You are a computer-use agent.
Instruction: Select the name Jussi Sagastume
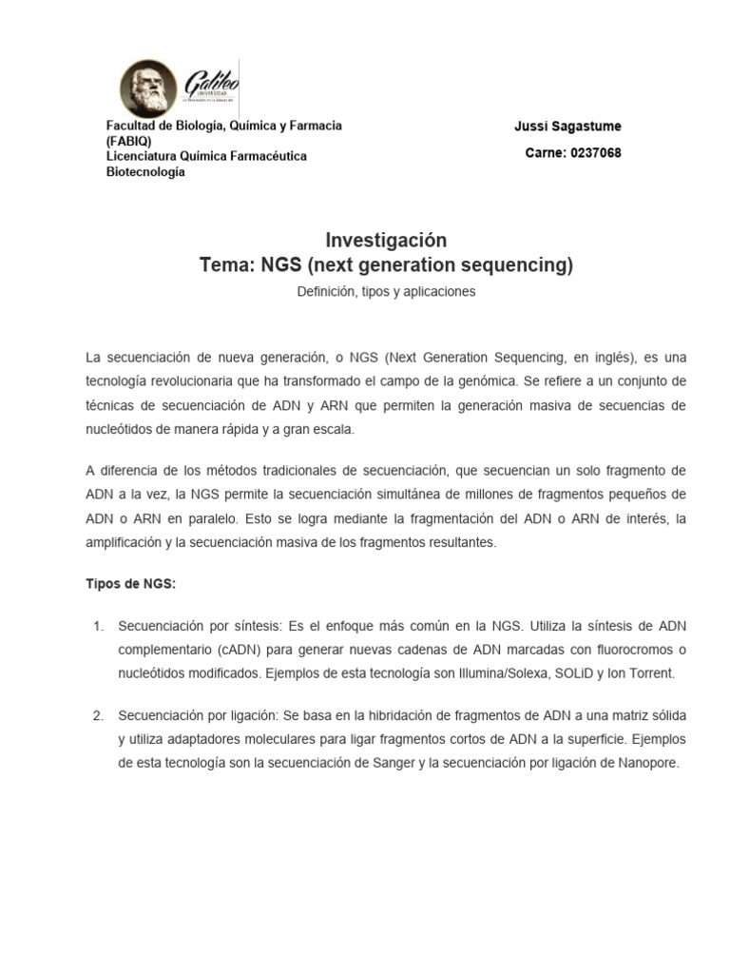point(567,127)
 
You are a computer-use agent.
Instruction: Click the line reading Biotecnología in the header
point(145,172)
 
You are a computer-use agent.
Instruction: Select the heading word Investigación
point(386,240)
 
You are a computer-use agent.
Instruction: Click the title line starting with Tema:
point(386,264)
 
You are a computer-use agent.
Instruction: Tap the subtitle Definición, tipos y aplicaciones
point(386,292)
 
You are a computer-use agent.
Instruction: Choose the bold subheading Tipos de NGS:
point(130,585)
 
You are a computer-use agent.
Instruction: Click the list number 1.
point(98,626)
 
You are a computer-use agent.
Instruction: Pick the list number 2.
point(98,713)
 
